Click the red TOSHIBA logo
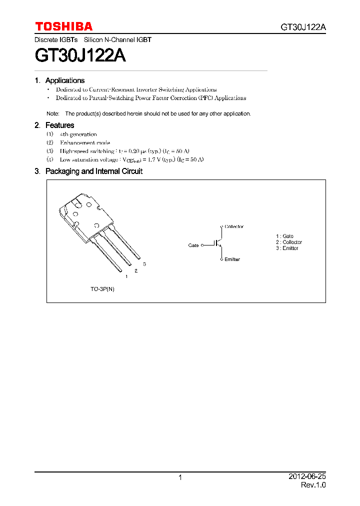[x=63, y=26]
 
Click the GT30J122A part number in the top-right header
[x=303, y=27]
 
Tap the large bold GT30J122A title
[x=80, y=54]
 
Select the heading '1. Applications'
[x=59, y=80]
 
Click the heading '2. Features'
[x=54, y=125]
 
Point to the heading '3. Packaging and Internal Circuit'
[x=88, y=171]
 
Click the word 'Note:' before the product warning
[x=52, y=114]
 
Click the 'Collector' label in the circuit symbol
[x=234, y=227]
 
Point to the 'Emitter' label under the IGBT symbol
[x=232, y=259]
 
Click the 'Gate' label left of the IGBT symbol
[x=193, y=245]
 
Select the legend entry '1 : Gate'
[x=284, y=236]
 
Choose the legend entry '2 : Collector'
[x=288, y=242]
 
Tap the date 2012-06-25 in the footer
[x=307, y=477]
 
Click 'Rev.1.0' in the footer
[x=313, y=485]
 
